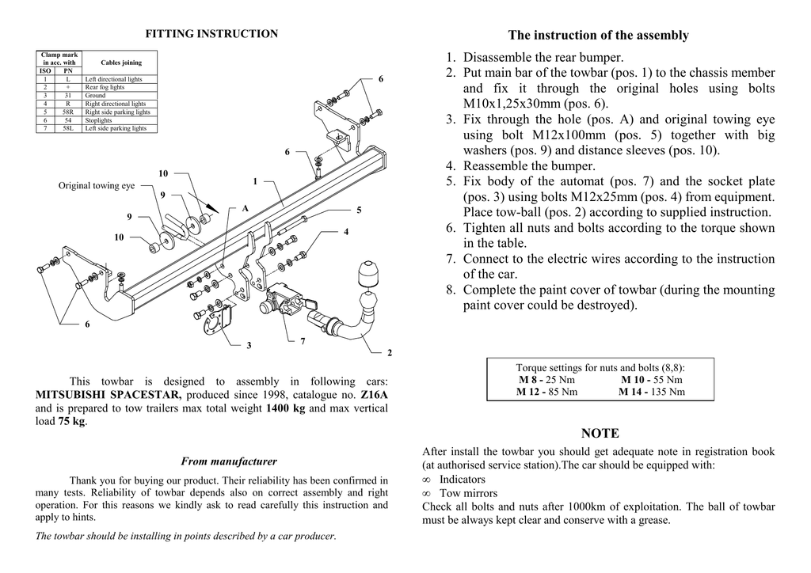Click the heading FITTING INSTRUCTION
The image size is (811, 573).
211,34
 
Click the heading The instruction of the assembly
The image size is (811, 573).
599,35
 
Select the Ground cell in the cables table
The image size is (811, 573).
95,96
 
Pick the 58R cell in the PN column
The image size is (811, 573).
68,112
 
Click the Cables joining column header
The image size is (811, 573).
121,63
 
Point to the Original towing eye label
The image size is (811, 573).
97,186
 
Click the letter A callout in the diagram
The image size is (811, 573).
246,208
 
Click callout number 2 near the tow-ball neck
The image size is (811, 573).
390,352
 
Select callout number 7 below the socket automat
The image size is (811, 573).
302,341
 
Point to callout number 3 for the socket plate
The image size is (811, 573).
249,345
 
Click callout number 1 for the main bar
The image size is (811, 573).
255,181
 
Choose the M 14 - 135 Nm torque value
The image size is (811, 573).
652,392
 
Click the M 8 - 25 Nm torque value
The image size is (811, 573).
546,380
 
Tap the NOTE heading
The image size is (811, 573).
600,433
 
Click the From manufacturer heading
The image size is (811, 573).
229,461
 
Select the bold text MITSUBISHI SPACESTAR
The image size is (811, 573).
109,395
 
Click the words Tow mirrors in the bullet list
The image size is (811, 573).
468,493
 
